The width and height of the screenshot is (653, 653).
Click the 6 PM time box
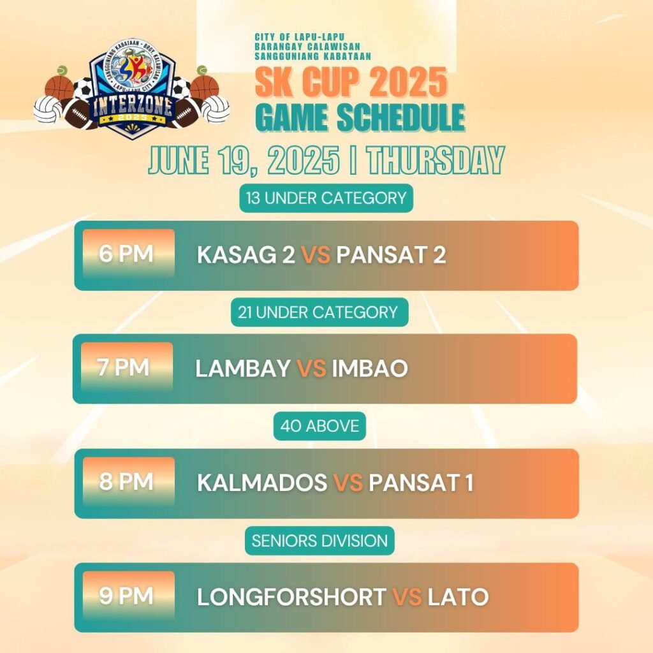pyautogui.click(x=128, y=253)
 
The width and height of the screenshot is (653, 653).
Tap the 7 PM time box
pyautogui.click(x=127, y=367)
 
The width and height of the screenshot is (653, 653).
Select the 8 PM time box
pyautogui.click(x=128, y=481)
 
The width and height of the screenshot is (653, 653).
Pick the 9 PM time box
pyautogui.click(x=128, y=595)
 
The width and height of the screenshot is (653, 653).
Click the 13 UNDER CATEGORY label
pyautogui.click(x=326, y=198)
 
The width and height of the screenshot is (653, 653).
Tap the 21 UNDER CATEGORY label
pyautogui.click(x=319, y=312)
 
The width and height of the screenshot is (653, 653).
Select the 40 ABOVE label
pyautogui.click(x=319, y=425)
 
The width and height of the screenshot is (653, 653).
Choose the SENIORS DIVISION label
pyautogui.click(x=319, y=541)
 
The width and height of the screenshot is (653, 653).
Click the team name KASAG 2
pyautogui.click(x=246, y=254)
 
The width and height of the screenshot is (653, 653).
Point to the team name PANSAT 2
pyautogui.click(x=391, y=254)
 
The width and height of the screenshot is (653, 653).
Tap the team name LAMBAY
pyautogui.click(x=243, y=368)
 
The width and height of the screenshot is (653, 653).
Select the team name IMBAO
pyautogui.click(x=370, y=368)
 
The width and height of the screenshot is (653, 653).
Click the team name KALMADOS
pyautogui.click(x=262, y=482)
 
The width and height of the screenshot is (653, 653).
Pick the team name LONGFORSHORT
pyautogui.click(x=291, y=596)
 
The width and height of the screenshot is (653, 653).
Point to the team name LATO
pyautogui.click(x=458, y=596)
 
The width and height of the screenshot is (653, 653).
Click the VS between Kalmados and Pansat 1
pyautogui.click(x=348, y=482)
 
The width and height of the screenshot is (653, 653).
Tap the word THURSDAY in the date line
pyautogui.click(x=436, y=160)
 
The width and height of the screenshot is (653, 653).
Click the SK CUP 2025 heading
pyautogui.click(x=351, y=82)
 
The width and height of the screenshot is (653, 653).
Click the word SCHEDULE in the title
pyautogui.click(x=401, y=117)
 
